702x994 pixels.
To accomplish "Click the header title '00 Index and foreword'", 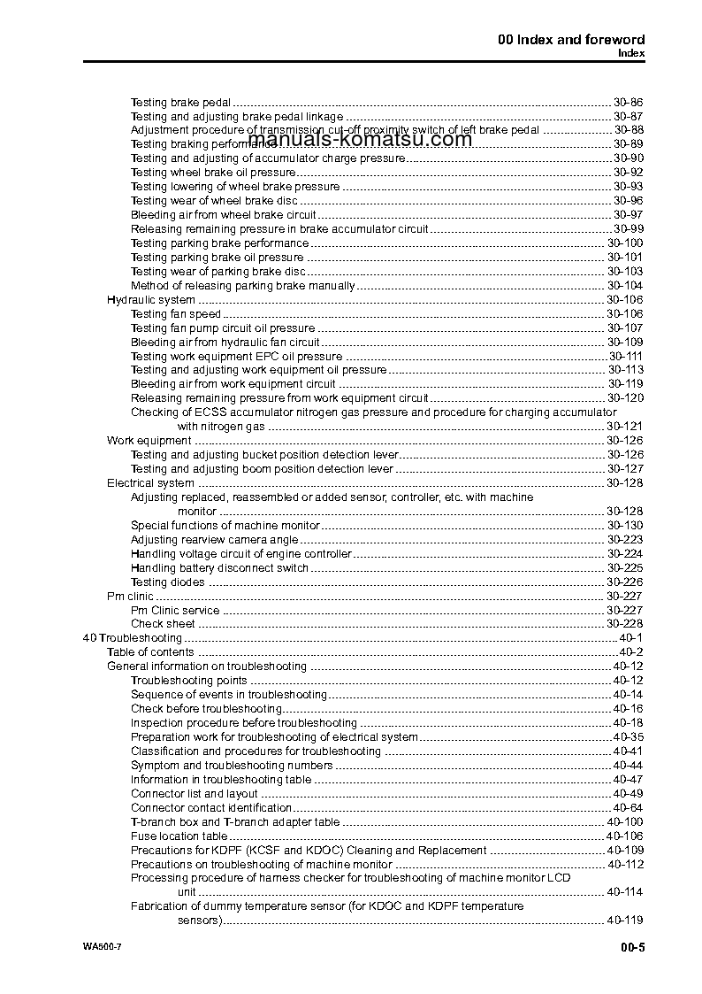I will click(571, 39).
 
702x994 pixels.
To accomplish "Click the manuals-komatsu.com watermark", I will click(360, 139).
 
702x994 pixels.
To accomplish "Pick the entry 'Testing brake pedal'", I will click(180, 102).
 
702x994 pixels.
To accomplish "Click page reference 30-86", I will click(628, 102).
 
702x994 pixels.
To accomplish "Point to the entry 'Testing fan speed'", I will click(175, 314).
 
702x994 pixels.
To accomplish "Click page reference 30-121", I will click(624, 427).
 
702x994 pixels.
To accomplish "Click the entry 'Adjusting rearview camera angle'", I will click(214, 540).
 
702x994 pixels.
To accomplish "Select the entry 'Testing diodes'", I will click(167, 582).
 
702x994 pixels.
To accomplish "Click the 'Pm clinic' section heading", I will click(130, 597).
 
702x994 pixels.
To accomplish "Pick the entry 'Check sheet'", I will click(163, 624).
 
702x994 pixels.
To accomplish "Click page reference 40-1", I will click(633, 638).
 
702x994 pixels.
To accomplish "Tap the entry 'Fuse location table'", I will click(179, 836).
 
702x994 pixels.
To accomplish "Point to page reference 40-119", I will click(624, 921).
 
